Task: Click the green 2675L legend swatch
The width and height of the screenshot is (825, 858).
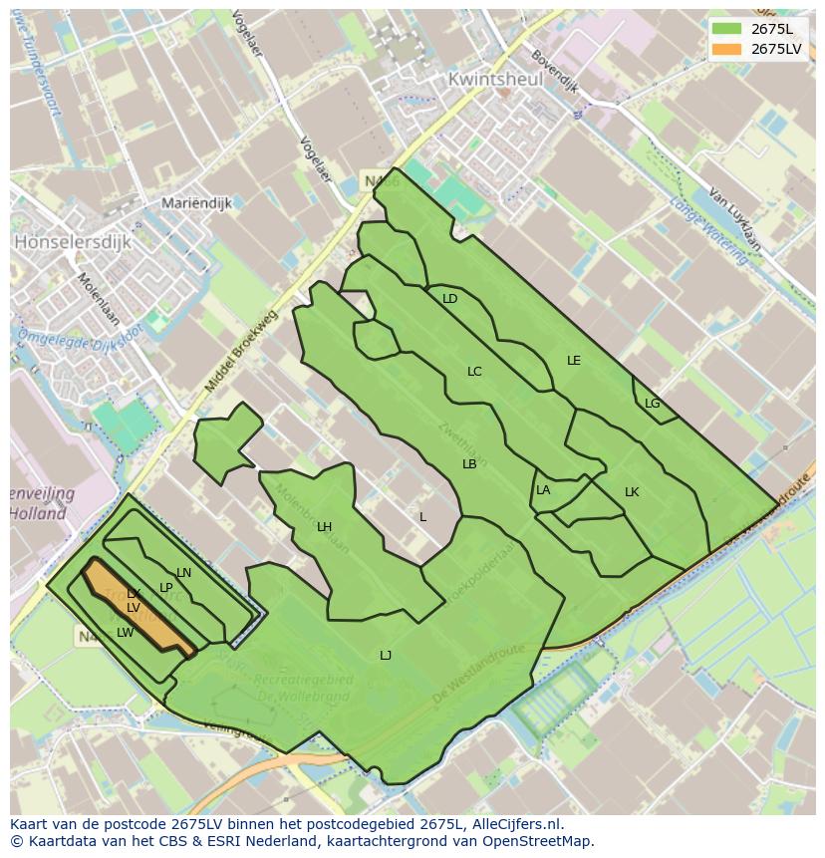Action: tap(726, 28)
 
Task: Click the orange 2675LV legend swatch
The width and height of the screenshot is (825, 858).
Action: tap(726, 48)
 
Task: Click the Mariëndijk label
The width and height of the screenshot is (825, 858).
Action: tap(196, 203)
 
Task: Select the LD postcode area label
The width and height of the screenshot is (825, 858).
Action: tap(450, 299)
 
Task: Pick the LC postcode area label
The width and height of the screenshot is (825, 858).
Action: tap(474, 372)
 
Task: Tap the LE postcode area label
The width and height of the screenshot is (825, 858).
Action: tap(574, 361)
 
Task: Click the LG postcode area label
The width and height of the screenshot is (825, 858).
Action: tap(653, 404)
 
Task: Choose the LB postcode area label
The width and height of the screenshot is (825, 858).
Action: tap(469, 464)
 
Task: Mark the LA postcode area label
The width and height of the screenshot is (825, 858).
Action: tap(543, 490)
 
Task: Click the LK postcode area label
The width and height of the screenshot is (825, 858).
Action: tap(632, 492)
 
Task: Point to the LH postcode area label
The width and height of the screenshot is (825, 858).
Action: tap(324, 527)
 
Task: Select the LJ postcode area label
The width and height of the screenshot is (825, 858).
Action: tap(386, 655)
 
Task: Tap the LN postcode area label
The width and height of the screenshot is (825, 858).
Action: tap(183, 573)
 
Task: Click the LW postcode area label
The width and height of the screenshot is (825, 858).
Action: tap(125, 633)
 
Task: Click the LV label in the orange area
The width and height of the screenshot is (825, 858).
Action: tap(133, 608)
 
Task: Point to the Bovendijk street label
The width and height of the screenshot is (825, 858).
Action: tap(555, 71)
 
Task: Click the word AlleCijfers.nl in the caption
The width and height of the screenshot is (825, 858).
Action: tap(513, 824)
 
